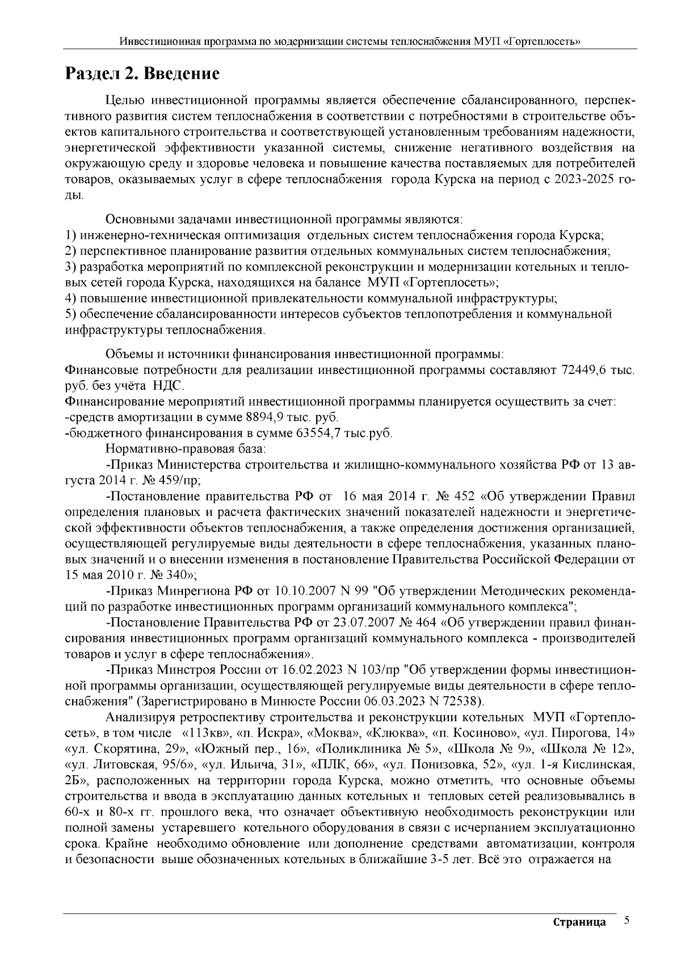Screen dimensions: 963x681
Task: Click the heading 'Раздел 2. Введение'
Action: pyautogui.click(x=142, y=74)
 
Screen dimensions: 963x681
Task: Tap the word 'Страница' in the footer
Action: pyautogui.click(x=579, y=922)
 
